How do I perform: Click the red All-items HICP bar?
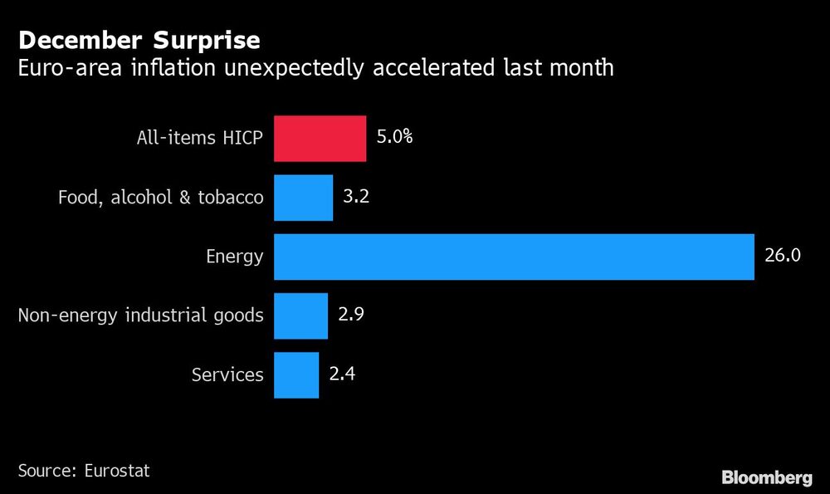click(320, 138)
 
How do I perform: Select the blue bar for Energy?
click(514, 257)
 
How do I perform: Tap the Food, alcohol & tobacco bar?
click(303, 198)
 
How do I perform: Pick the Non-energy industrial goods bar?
click(300, 315)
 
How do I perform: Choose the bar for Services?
click(296, 375)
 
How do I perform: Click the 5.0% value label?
click(394, 137)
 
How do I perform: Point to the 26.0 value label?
click(782, 256)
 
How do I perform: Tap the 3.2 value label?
click(355, 197)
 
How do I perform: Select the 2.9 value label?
click(350, 315)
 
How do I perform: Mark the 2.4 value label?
click(341, 374)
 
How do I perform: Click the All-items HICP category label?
click(199, 139)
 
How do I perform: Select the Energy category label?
click(234, 257)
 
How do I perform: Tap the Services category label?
click(227, 375)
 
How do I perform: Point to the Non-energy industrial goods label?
click(140, 316)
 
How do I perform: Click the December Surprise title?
click(139, 40)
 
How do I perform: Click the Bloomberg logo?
click(766, 477)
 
